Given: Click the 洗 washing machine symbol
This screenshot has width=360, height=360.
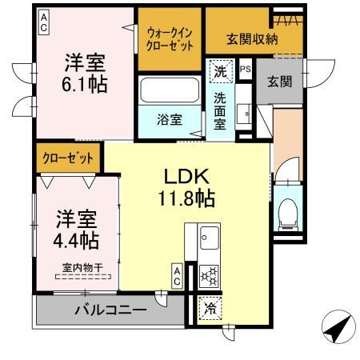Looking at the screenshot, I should pyautogui.click(x=220, y=71).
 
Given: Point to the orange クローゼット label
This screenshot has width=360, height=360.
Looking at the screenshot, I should pyautogui.click(x=68, y=158).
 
